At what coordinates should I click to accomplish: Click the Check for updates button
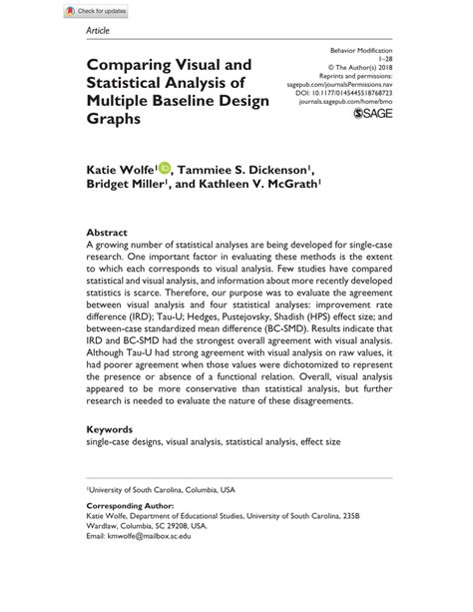(98, 11)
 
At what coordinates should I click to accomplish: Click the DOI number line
(366, 94)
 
